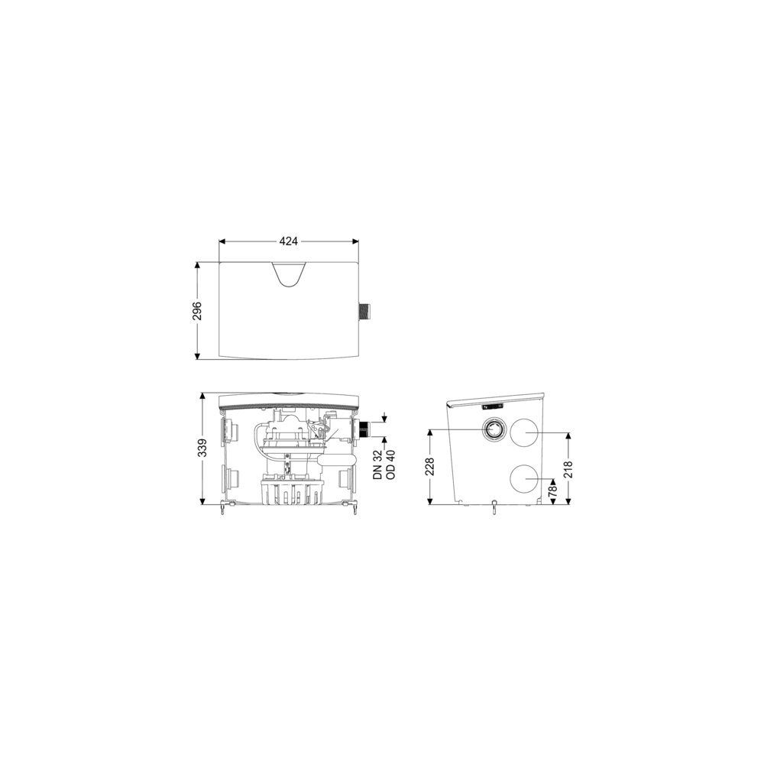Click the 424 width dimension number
point(289,241)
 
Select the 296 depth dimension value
point(197,311)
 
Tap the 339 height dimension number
point(202,448)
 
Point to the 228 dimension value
point(429,467)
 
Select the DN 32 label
point(377,465)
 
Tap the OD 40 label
point(390,465)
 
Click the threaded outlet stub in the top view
point(364,312)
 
